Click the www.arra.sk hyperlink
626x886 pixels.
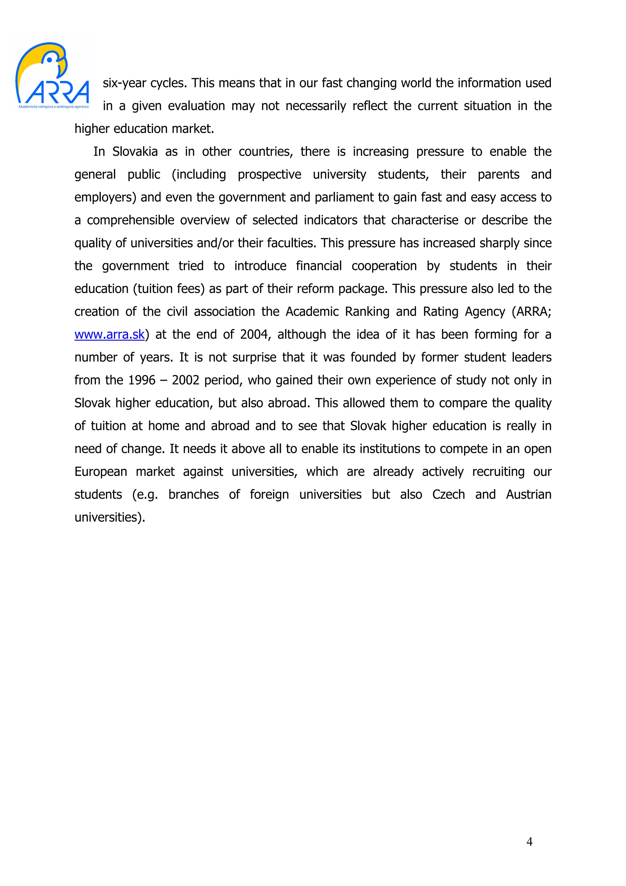(109, 334)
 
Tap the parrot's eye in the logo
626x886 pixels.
(50, 60)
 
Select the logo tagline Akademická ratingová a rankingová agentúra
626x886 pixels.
(53, 106)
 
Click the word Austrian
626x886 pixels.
(528, 495)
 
